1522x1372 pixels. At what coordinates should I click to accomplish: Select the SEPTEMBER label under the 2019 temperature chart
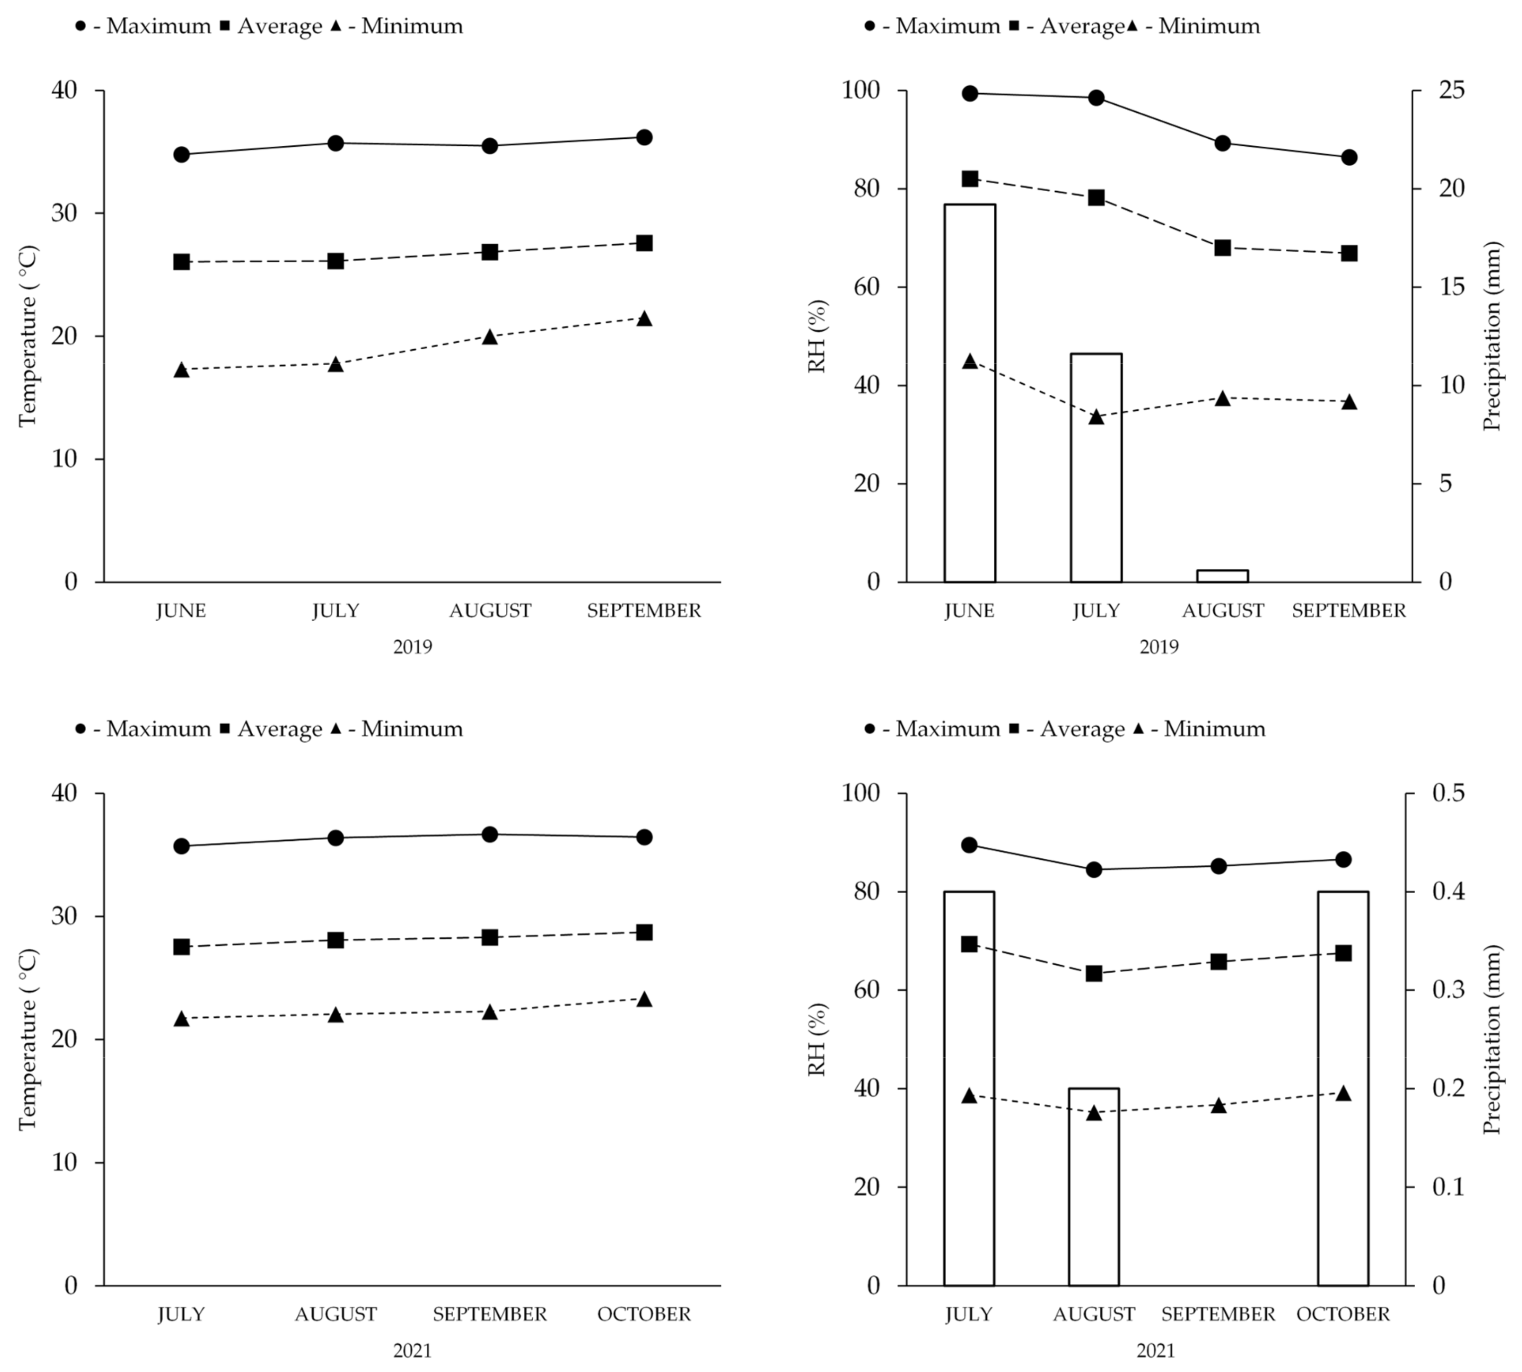point(644,611)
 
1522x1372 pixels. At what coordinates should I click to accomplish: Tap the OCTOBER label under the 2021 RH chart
point(1342,1314)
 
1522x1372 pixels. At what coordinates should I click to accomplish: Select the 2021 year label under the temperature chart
point(412,1350)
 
